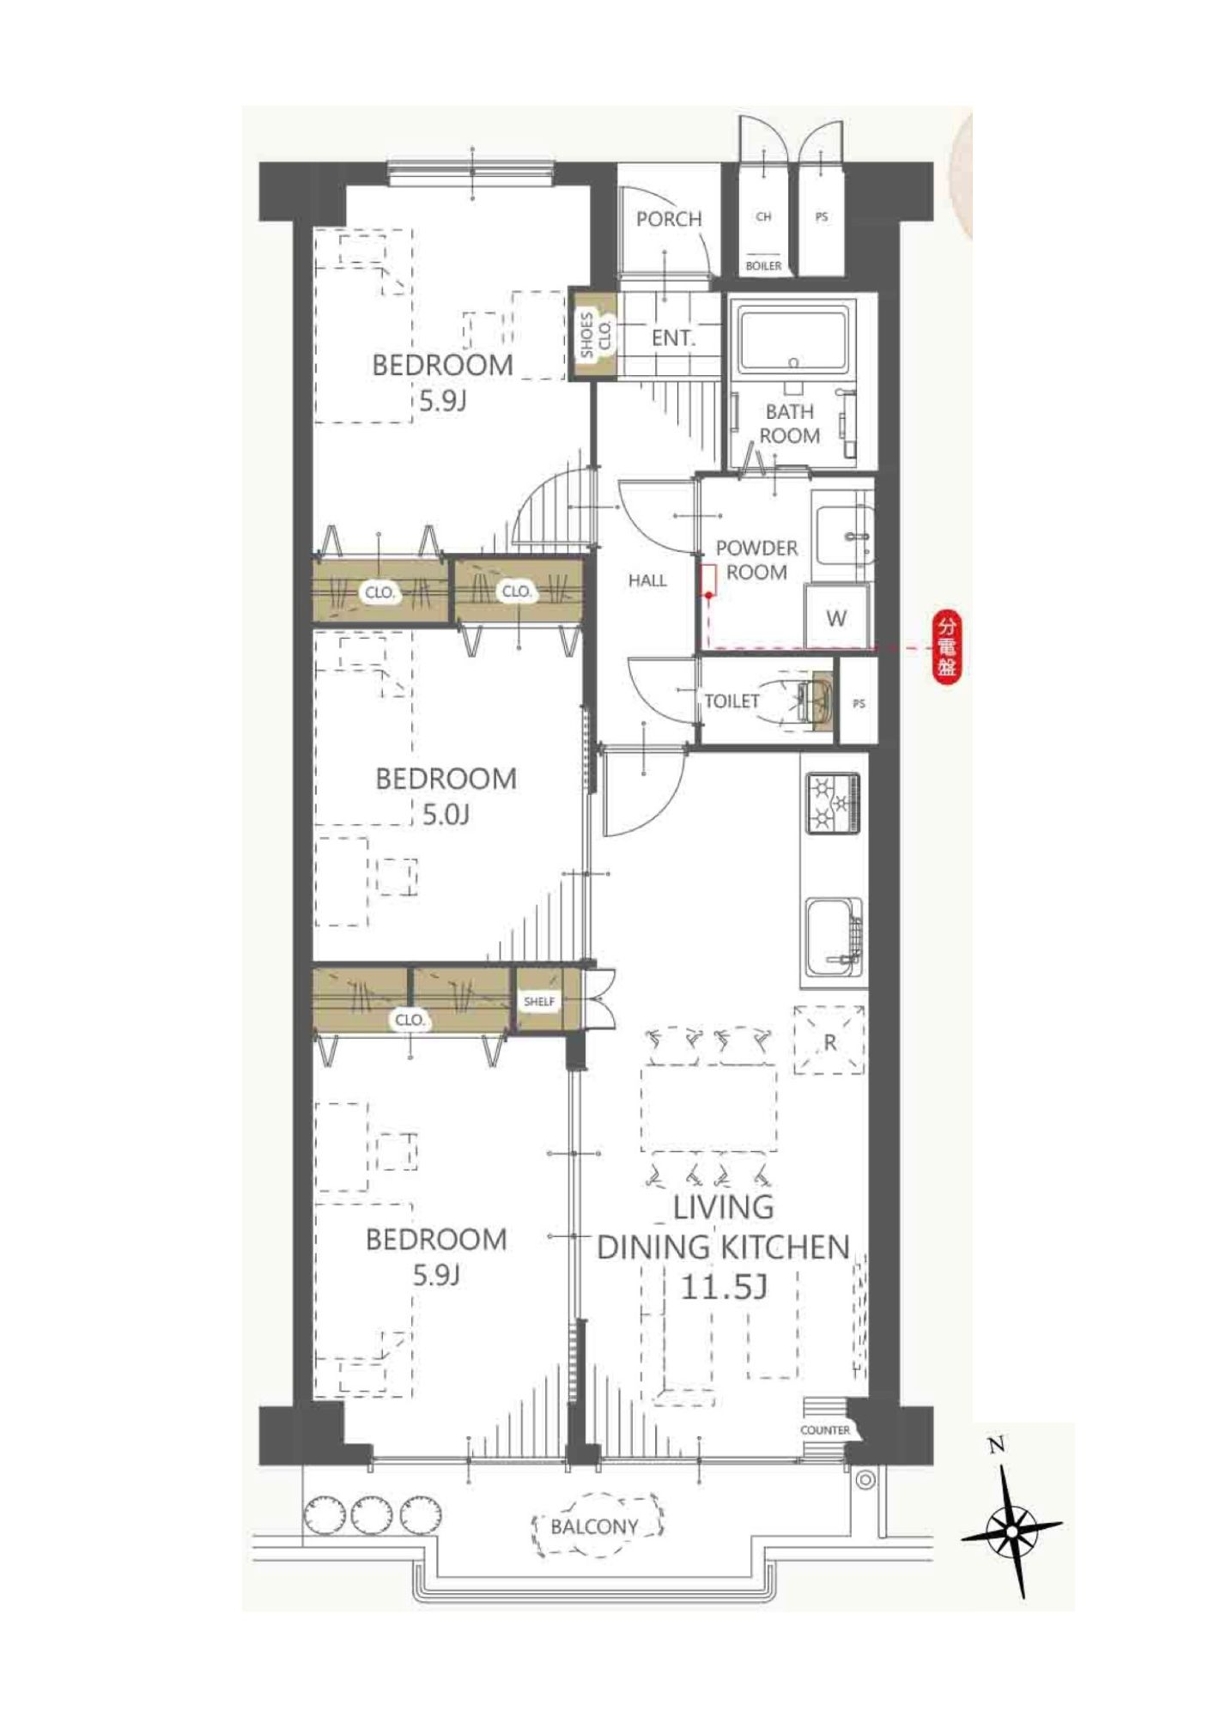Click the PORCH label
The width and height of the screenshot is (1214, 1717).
(x=669, y=219)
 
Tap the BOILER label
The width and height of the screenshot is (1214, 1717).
(x=763, y=266)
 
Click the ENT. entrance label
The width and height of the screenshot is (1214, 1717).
(x=673, y=338)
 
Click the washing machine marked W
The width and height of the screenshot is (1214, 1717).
(x=836, y=617)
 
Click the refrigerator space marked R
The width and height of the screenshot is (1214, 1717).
(x=829, y=1041)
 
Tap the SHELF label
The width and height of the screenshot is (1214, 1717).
(x=539, y=1002)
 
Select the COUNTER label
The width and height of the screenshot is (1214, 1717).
(x=824, y=1430)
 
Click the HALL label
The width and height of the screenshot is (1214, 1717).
(x=647, y=581)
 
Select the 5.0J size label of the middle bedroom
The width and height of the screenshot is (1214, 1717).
(x=446, y=814)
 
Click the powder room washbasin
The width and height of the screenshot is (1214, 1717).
(x=843, y=534)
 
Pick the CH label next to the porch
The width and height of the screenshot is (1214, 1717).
(x=763, y=217)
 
